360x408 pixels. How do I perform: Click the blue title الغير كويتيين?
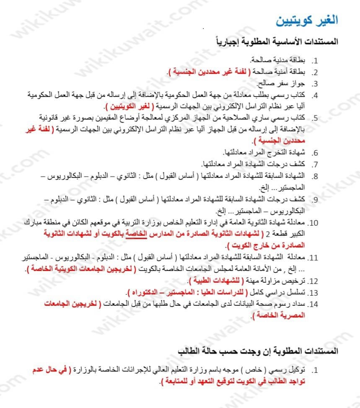pos(308,20)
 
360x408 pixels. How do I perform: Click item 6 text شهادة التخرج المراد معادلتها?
pos(264,152)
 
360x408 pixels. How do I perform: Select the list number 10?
pos(314,222)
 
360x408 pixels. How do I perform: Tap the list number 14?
pos(314,304)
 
